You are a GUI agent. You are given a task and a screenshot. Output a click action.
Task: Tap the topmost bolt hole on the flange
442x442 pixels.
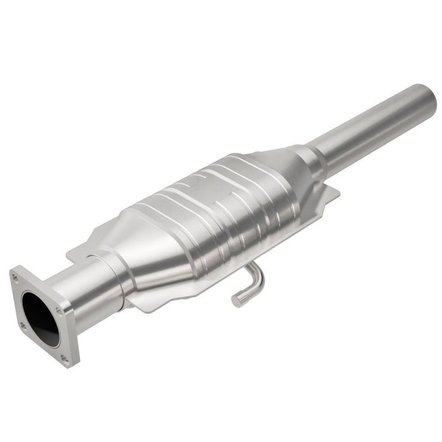pos(15,277)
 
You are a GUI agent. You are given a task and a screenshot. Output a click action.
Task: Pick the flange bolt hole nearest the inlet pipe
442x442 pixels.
pos(59,310)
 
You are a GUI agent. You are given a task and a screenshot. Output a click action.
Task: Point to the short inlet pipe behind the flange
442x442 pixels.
pos(88,290)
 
